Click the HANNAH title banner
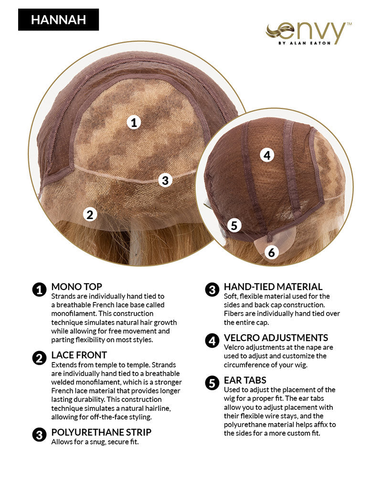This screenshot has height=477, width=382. (x=58, y=20)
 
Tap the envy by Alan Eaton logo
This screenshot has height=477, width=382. (x=308, y=33)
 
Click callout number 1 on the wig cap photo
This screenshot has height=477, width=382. (x=134, y=123)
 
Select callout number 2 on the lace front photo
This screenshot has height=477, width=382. (x=90, y=215)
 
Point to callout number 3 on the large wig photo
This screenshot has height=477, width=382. (x=165, y=180)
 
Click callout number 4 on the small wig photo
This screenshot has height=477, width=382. (x=267, y=155)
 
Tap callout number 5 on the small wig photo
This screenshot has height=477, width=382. (x=234, y=226)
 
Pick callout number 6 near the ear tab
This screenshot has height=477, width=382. (x=271, y=252)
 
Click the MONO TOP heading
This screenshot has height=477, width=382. (x=76, y=287)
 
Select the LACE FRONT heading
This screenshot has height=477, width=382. (x=79, y=355)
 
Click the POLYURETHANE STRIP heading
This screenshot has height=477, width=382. (x=101, y=432)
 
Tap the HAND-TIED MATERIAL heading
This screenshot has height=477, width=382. (x=273, y=287)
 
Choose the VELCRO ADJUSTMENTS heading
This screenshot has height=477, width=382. (x=276, y=338)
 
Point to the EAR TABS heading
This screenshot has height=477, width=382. (x=245, y=380)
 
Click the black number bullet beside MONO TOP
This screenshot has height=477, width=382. (x=39, y=290)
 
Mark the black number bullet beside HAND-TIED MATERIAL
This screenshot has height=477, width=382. (x=212, y=290)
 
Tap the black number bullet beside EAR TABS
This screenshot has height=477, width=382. (x=212, y=383)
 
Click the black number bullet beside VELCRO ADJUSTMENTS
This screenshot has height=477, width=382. (x=212, y=341)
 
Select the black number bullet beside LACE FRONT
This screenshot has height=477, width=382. (x=39, y=358)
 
